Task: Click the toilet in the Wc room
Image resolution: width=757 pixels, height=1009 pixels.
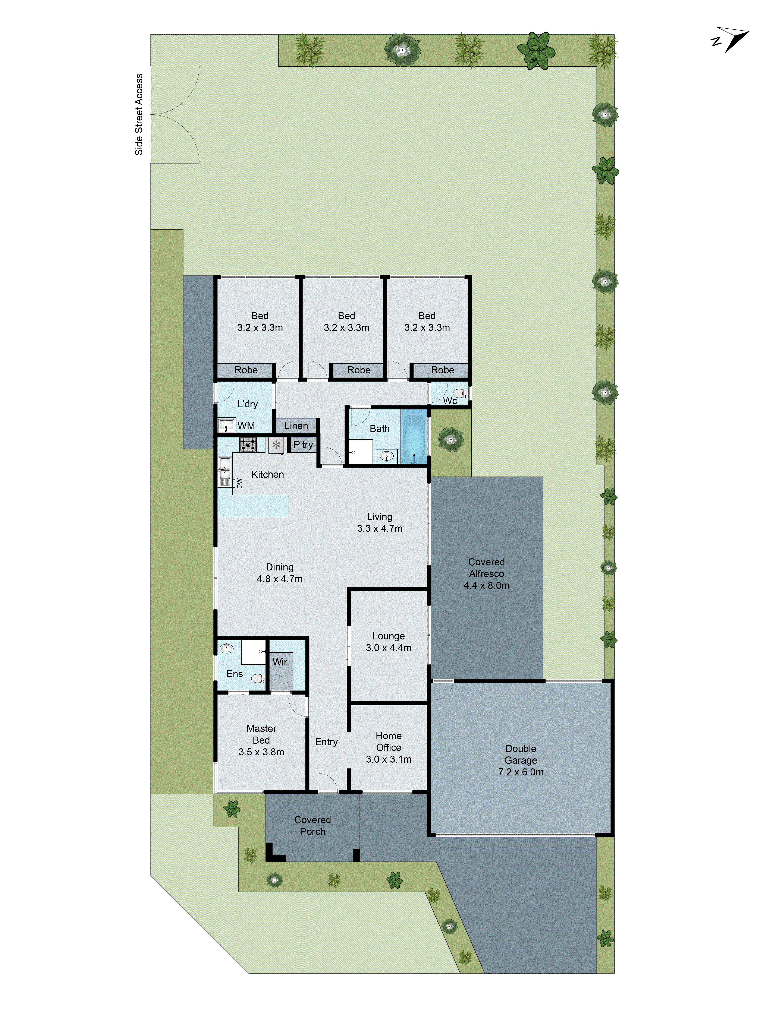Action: click(460, 393)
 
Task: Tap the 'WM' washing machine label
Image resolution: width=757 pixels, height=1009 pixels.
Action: click(246, 426)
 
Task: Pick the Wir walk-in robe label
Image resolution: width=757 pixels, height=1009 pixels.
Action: click(280, 662)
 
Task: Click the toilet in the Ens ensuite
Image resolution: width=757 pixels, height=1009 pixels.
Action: click(258, 678)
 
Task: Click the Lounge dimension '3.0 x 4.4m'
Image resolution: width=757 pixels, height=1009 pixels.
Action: click(388, 648)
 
